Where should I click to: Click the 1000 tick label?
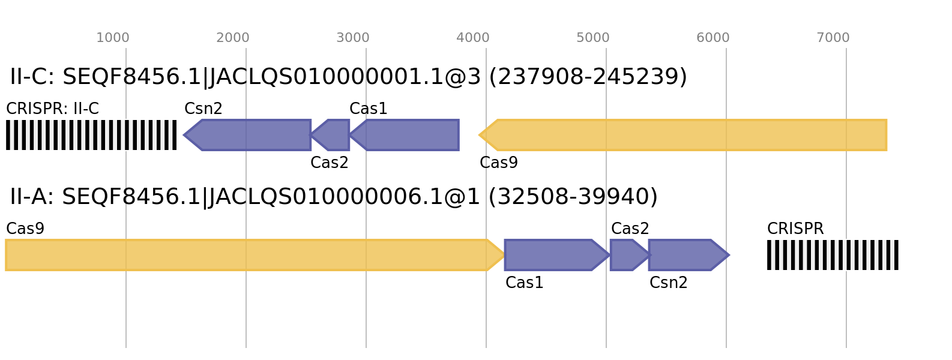[113, 38]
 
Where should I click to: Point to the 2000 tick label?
[233, 38]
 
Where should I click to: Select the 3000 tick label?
[353, 38]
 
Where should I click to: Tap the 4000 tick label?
[473, 38]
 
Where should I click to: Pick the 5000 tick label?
[593, 38]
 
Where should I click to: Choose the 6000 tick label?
[713, 38]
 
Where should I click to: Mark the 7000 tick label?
[833, 38]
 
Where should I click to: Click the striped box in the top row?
[91, 135]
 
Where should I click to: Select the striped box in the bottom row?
[833, 255]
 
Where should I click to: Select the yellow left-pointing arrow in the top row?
[684, 135]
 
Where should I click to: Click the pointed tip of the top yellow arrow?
[479, 135]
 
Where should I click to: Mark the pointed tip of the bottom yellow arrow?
[505, 255]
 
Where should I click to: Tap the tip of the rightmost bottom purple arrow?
[730, 255]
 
